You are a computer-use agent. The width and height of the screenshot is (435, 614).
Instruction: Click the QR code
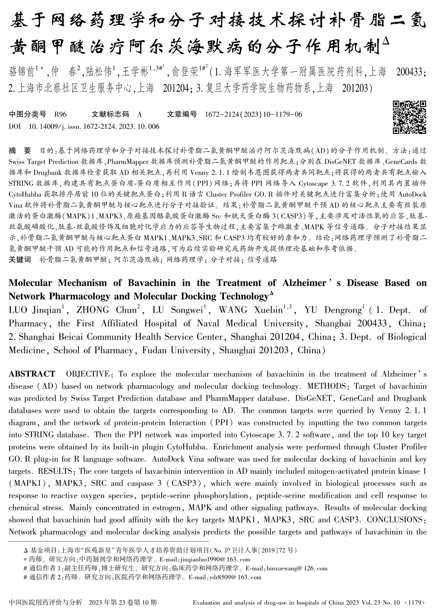point(409,117)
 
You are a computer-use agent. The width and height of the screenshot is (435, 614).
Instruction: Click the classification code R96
point(60,115)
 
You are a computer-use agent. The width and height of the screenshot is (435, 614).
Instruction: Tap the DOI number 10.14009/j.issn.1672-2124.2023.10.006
point(94,127)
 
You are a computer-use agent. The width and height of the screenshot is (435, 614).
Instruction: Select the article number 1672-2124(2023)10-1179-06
point(253,115)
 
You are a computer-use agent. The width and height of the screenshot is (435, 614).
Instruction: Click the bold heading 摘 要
point(20,150)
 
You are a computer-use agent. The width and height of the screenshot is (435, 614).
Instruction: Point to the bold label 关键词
point(20,260)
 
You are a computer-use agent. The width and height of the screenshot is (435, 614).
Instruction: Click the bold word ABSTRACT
point(32,374)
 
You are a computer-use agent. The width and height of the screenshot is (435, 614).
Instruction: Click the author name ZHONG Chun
point(106,310)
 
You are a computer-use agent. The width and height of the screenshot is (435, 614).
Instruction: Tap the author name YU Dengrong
point(333,310)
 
